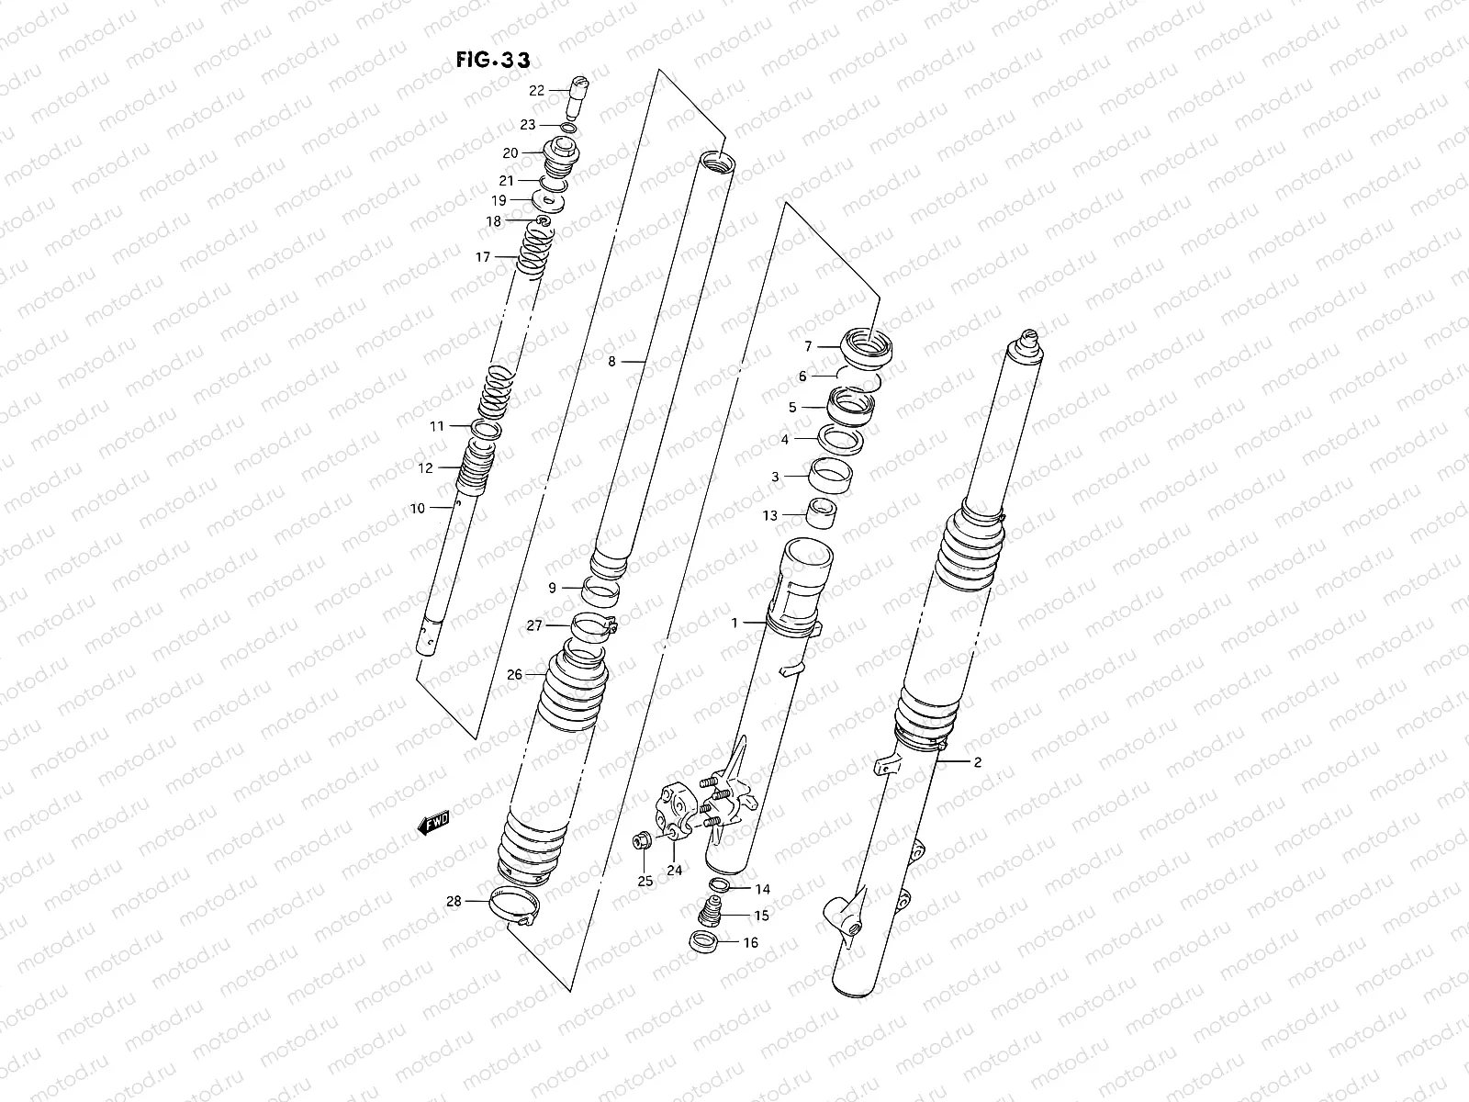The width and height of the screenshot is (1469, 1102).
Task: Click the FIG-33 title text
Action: [492, 60]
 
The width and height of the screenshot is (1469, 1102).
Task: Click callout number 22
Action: [537, 90]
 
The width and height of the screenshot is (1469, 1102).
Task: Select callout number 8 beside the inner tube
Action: [612, 362]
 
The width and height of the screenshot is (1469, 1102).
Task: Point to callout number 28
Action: [454, 901]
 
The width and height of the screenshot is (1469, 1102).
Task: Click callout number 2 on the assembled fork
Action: [978, 761]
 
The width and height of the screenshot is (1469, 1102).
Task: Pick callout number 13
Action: [769, 515]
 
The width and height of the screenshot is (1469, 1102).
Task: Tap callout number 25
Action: [645, 882]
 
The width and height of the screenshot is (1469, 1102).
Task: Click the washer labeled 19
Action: [550, 201]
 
